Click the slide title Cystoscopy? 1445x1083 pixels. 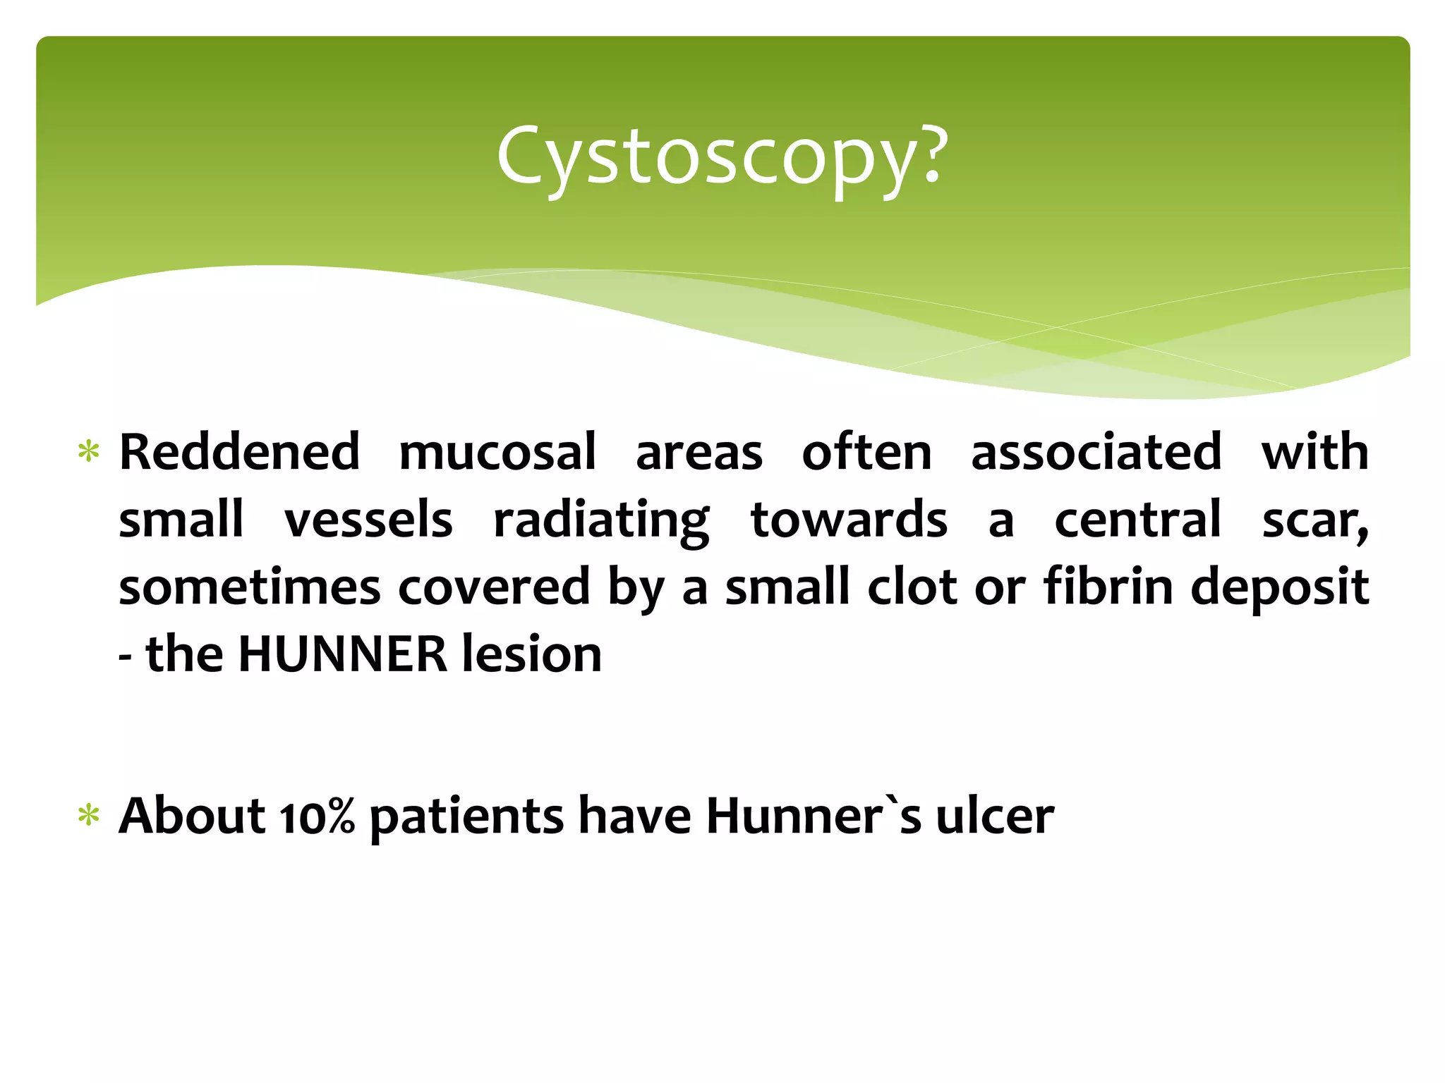[721, 157]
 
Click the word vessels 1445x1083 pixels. [368, 520]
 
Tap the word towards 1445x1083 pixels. [849, 520]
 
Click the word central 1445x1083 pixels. [1137, 520]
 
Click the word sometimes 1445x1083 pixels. [249, 587]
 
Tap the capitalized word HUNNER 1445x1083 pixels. [343, 654]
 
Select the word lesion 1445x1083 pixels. [531, 654]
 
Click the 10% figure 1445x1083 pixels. [317, 816]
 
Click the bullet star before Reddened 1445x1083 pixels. [89, 451]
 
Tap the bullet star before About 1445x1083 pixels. [89, 816]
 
